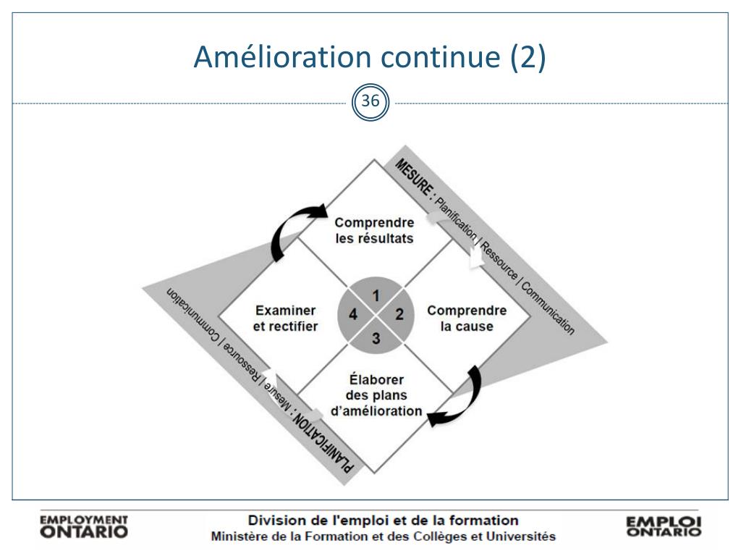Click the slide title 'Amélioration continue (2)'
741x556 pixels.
pos(370,58)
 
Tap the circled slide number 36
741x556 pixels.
pos(370,102)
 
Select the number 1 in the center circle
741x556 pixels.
pos(376,295)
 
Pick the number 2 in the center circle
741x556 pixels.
pos(399,314)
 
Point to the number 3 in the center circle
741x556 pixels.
pos(376,337)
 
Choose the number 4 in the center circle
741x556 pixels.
pos(352,314)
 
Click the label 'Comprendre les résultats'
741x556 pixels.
pos(374,230)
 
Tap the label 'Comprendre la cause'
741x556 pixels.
pos(467,318)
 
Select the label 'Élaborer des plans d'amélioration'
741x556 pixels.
pos(376,395)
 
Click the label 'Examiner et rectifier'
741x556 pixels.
pos(285,318)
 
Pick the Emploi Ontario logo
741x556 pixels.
pos(664,526)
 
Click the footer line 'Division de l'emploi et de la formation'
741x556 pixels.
pos(383,521)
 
